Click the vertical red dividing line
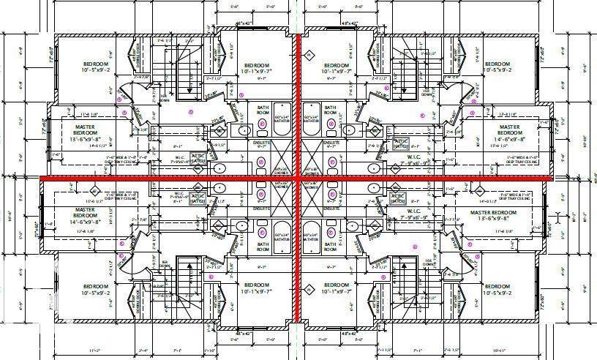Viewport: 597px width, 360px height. pos(298,110)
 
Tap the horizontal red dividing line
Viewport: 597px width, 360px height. pos(146,178)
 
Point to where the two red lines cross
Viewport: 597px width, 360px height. pos(298,178)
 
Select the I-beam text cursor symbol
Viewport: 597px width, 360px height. pos(559,217)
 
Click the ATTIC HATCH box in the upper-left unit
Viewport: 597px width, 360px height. pos(198,158)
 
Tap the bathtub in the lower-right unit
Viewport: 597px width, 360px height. pos(312,235)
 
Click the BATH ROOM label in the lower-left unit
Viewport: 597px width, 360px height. pos(263,247)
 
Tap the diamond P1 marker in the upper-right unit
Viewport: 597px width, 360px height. pos(309,55)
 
